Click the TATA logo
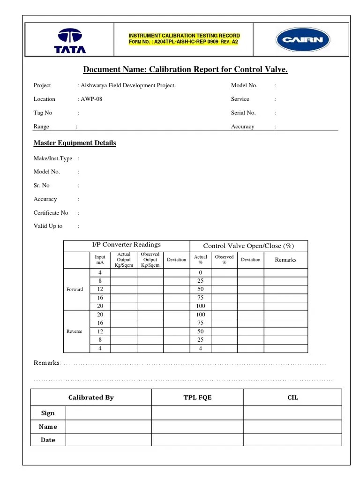pos(69,40)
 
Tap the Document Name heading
pos(185,70)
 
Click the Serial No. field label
pos(243,112)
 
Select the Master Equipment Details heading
pos(75,143)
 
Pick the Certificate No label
pos(51,212)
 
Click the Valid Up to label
pos(48,226)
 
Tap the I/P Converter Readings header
pos(126,245)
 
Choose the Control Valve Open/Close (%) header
pos(248,246)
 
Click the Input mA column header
pos(100,260)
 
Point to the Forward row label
pos(75,289)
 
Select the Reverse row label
pos(74,331)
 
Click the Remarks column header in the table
pos(285,260)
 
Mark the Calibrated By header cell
pos(91,397)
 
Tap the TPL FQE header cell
pos(197,397)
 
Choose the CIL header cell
pos(292,397)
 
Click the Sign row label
pos(48,413)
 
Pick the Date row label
pos(48,440)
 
